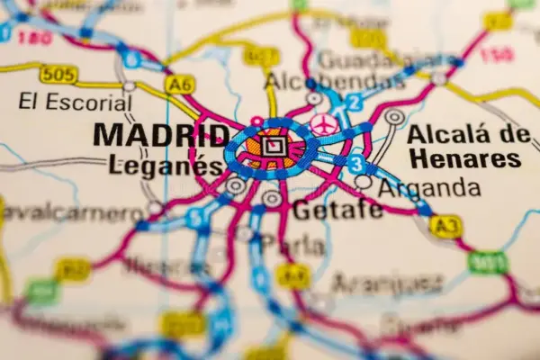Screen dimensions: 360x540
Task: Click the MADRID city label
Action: click(x=161, y=136)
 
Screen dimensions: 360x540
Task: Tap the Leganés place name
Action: click(x=165, y=166)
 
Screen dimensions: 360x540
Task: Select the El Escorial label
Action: click(x=76, y=103)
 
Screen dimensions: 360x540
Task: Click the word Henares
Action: click(x=463, y=160)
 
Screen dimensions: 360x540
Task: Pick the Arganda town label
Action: click(x=429, y=188)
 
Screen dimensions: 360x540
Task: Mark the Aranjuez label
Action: click(x=387, y=284)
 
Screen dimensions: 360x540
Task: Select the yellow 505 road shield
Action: click(x=58, y=75)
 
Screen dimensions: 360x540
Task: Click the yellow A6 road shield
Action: click(x=180, y=84)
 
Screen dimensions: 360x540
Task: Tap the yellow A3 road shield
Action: click(x=445, y=226)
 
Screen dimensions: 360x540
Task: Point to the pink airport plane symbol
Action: click(x=324, y=124)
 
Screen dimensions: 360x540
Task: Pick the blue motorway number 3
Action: click(x=357, y=165)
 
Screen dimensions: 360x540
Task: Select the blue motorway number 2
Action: click(x=355, y=102)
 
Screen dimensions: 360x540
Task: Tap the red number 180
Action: click(x=34, y=37)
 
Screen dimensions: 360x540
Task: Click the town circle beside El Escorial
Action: click(x=130, y=86)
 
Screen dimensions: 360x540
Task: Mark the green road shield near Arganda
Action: click(x=487, y=263)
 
